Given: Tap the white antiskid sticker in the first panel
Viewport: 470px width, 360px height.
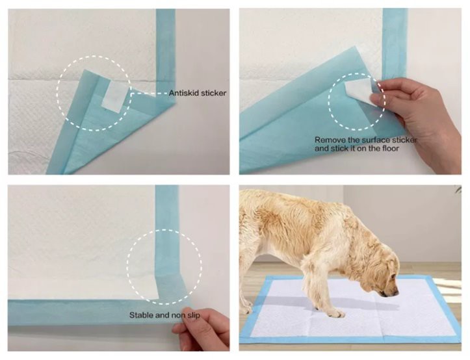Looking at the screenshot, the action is [112, 96].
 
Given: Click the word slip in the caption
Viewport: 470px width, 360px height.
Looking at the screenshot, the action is [193, 315].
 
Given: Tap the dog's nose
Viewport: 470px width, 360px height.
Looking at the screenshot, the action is [395, 293].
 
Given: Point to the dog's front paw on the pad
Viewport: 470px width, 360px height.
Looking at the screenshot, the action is [335, 313].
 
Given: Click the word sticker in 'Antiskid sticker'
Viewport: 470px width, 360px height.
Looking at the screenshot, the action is [213, 93].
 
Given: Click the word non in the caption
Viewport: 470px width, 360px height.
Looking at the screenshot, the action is [177, 315].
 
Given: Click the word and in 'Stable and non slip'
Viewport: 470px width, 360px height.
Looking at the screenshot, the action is [162, 315].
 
